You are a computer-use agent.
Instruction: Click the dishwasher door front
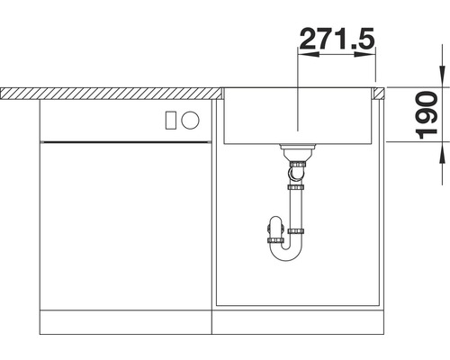[126, 225]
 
